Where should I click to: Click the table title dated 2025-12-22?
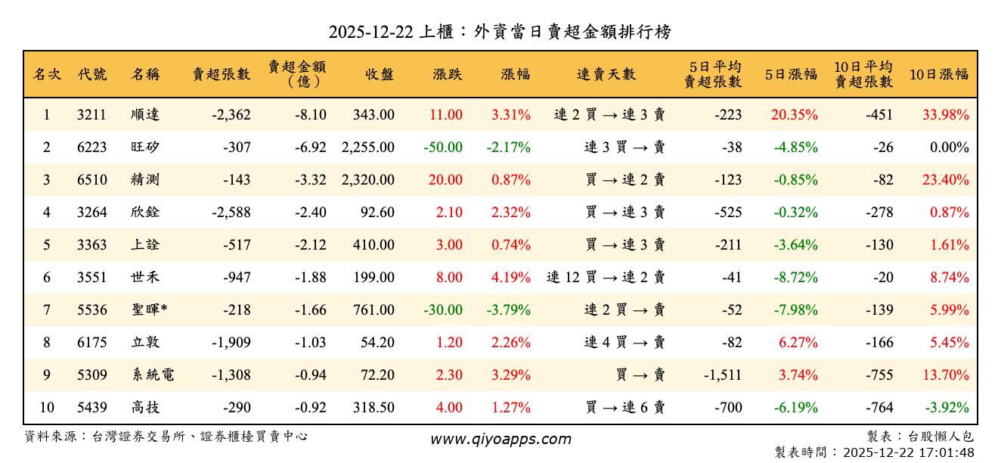click(500, 32)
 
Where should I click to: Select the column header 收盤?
click(379, 74)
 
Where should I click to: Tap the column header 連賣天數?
click(606, 74)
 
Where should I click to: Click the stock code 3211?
click(91, 115)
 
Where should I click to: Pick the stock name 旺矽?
click(145, 148)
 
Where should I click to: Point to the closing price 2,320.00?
click(367, 180)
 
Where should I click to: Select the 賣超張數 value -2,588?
click(228, 213)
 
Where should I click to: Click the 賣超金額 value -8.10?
click(311, 115)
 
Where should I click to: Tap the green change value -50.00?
click(443, 148)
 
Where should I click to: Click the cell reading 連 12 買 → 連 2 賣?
click(606, 278)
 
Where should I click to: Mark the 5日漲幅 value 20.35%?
click(795, 115)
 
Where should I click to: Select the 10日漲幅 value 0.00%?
click(950, 148)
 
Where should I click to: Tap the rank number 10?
click(47, 408)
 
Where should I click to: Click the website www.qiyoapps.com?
click(500, 439)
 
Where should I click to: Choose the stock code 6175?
click(91, 343)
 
